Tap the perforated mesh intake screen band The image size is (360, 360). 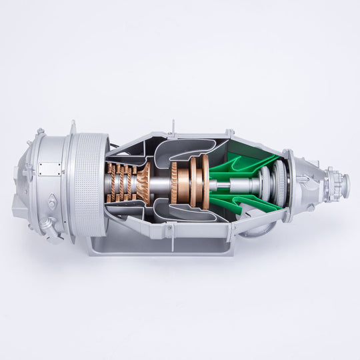click(x=88, y=183)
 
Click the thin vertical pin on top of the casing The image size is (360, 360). click(x=173, y=126)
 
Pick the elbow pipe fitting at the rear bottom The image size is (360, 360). click(x=45, y=224)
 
